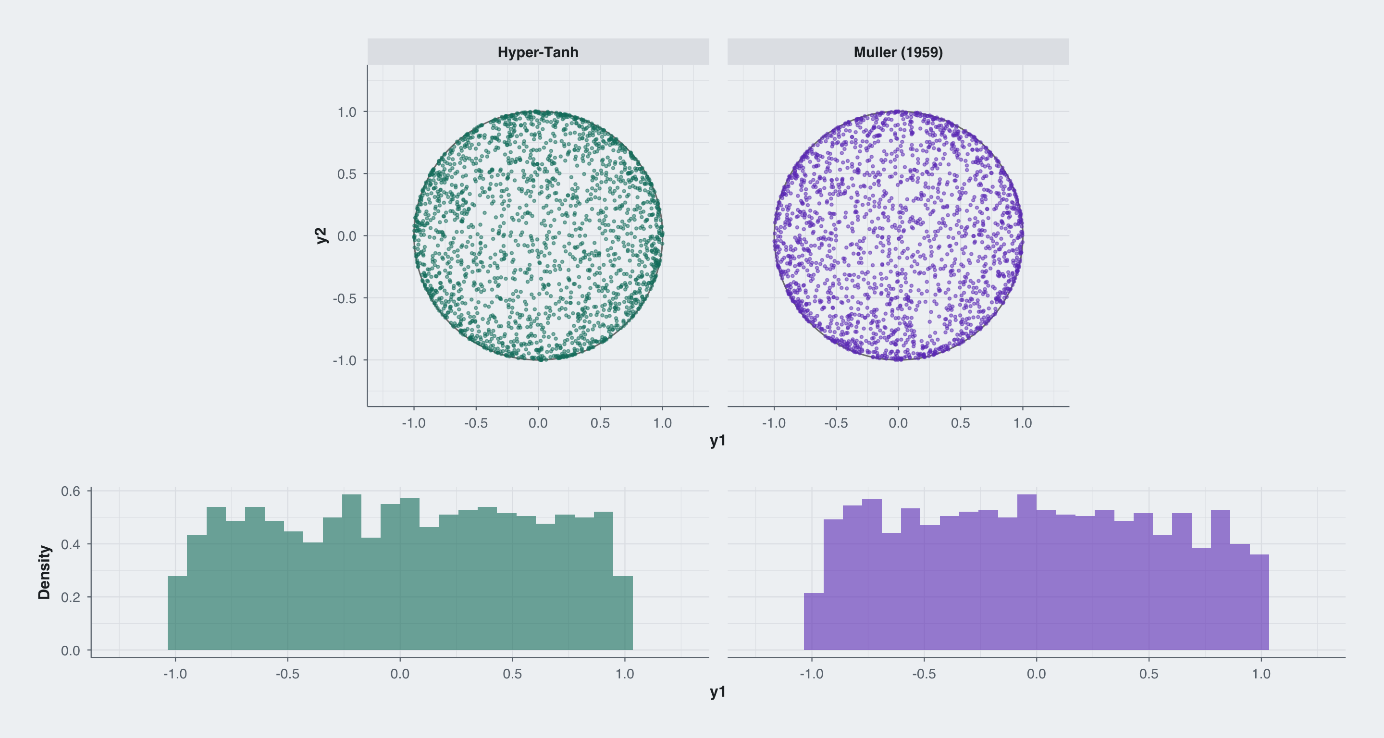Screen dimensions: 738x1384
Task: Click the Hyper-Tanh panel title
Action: click(538, 52)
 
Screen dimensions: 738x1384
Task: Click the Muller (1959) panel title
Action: click(898, 52)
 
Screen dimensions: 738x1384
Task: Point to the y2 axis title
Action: click(321, 235)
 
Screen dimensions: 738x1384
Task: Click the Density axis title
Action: click(44, 572)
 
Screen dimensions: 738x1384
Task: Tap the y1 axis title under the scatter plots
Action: click(718, 441)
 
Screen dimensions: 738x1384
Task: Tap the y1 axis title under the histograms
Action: click(718, 692)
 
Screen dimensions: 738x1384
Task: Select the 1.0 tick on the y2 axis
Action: click(346, 112)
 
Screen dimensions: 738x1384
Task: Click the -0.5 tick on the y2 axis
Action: click(345, 298)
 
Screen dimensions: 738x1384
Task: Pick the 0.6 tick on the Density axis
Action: click(70, 491)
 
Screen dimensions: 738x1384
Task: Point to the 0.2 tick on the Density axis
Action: click(70, 597)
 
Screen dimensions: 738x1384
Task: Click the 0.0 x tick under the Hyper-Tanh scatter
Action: click(538, 423)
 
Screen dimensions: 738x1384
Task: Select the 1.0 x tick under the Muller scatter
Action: click(1023, 423)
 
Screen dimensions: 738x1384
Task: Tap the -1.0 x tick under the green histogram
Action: click(175, 674)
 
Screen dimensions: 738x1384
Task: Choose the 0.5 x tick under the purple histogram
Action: click(1149, 674)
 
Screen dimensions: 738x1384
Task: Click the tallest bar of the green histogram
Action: click(351, 572)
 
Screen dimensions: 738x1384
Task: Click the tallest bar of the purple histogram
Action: click(1027, 572)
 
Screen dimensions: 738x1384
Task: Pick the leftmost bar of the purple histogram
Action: click(814, 621)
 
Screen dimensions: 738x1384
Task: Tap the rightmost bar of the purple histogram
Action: click(1259, 602)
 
